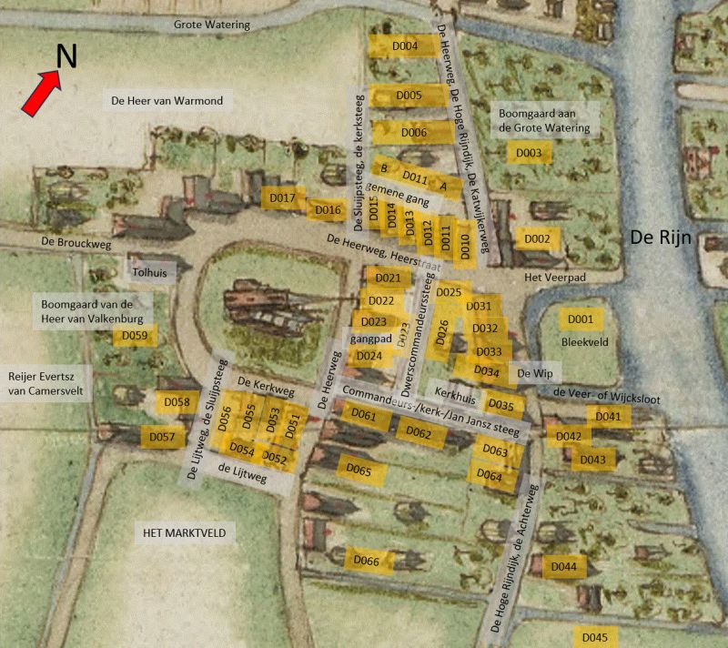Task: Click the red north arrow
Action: click(41, 96)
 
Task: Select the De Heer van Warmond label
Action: click(167, 101)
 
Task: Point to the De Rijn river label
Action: click(662, 239)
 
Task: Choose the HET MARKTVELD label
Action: click(183, 532)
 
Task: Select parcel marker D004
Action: click(405, 46)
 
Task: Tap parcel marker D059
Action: click(135, 336)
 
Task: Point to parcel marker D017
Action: click(283, 198)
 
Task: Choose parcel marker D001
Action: click(580, 319)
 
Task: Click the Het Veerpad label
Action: click(551, 277)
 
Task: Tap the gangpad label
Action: click(370, 338)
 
